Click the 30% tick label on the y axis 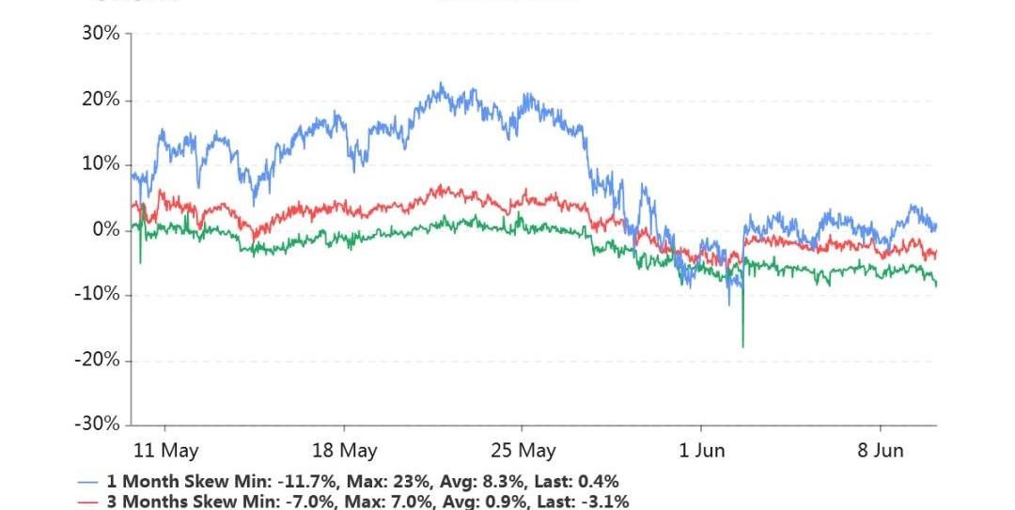point(101,34)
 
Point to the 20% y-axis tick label point(101,100)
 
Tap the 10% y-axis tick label point(101,164)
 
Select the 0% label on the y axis point(106,230)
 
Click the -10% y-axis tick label point(98,295)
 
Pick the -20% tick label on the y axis point(98,360)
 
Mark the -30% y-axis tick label point(98,425)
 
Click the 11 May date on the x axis point(166,450)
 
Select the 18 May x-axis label point(344,450)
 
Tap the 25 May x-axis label point(523,450)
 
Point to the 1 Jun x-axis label point(702,450)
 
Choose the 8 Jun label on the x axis point(881,450)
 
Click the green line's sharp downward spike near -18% point(742,345)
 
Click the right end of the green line point(936,285)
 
